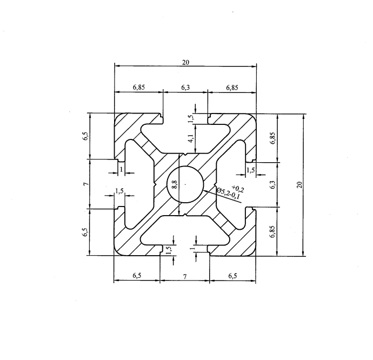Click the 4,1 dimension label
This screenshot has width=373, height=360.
[x=190, y=138]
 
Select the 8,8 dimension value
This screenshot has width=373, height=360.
[x=175, y=184]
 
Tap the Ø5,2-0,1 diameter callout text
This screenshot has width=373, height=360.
[x=228, y=194]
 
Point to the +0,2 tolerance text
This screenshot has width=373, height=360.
[x=238, y=188]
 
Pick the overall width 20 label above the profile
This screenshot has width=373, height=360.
[x=185, y=62]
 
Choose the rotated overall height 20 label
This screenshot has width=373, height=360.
[x=299, y=185]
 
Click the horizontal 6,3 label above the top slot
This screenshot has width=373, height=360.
[x=185, y=88]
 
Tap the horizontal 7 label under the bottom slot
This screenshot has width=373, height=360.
[x=185, y=276]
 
